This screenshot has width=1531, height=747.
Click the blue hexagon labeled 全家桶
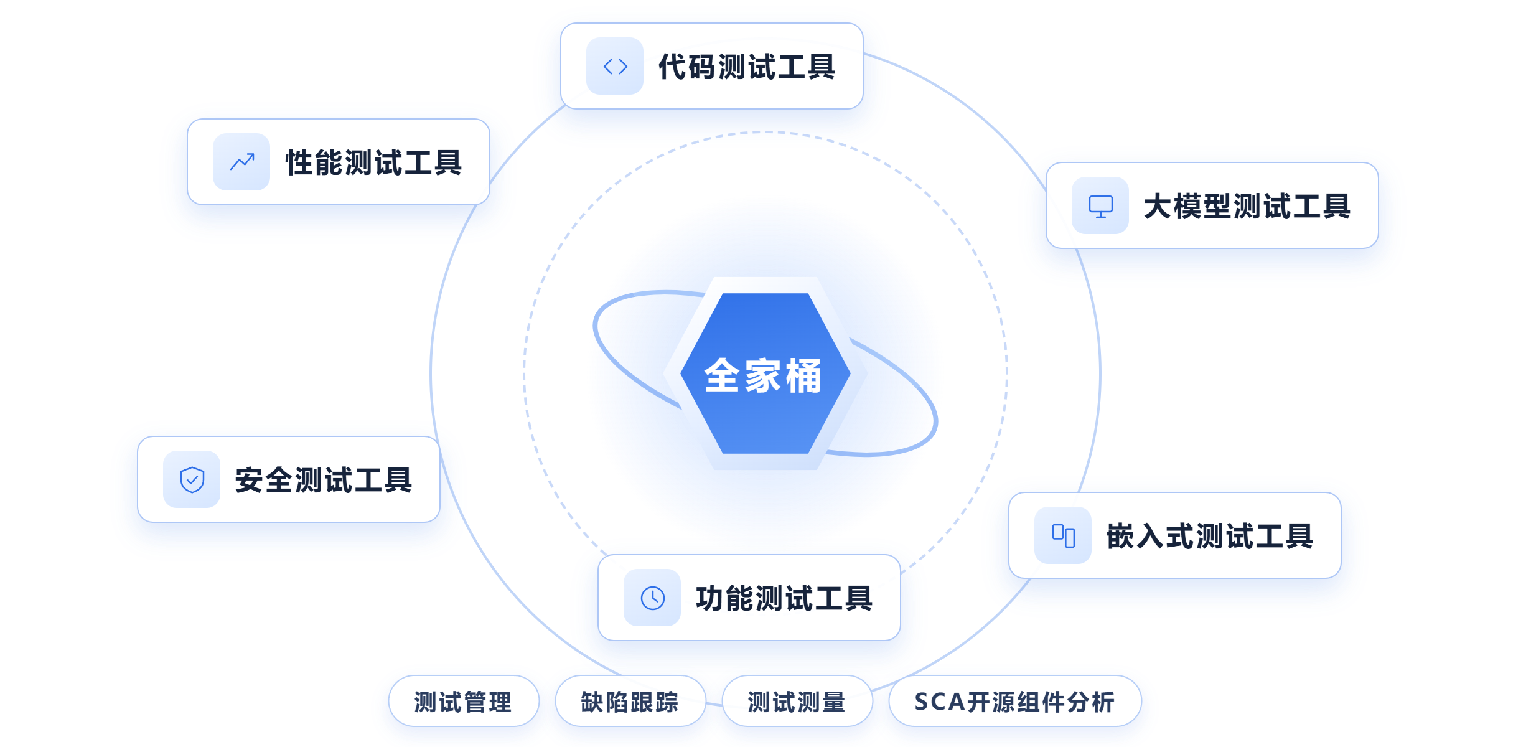[765, 374]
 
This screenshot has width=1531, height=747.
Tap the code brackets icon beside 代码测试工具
[615, 67]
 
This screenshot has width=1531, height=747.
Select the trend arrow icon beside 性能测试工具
[242, 162]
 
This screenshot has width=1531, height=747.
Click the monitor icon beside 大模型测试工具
[1100, 206]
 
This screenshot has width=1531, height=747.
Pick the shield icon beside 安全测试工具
[192, 480]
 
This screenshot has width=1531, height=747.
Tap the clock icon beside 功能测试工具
[652, 598]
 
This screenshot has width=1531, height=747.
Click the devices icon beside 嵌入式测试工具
[1063, 536]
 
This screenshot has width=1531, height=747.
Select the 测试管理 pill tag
[464, 701]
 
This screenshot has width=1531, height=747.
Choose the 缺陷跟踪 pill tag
[630, 701]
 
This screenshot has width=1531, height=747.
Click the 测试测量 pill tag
[797, 701]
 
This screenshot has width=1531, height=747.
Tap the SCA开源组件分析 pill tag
[1015, 701]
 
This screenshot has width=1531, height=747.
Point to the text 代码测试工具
[747, 67]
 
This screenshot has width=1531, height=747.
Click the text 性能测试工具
[373, 162]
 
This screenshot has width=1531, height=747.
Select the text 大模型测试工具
[1247, 206]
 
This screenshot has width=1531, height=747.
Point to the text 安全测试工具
[324, 480]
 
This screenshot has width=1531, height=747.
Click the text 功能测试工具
[784, 598]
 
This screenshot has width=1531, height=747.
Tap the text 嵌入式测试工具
[1210, 536]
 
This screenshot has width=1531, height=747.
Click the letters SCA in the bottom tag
[940, 702]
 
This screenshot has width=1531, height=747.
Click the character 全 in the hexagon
[722, 376]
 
